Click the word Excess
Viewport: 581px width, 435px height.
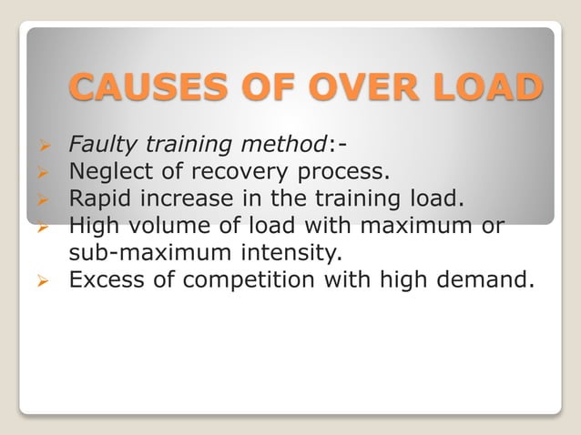[102, 278]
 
